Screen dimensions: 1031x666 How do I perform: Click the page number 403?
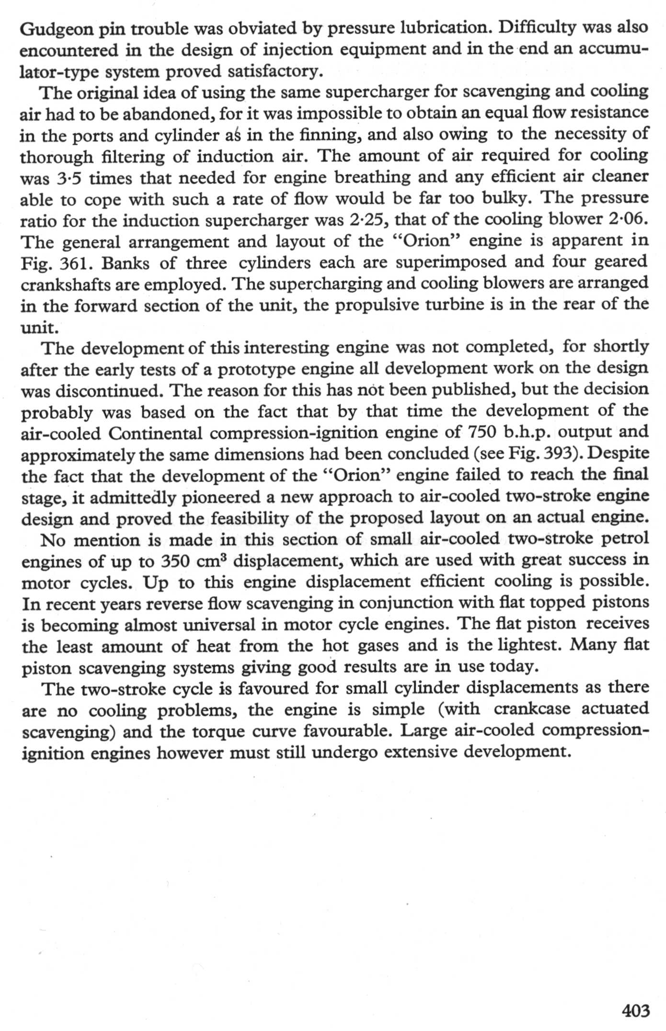(635, 1010)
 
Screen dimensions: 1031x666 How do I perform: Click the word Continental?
(156, 433)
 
